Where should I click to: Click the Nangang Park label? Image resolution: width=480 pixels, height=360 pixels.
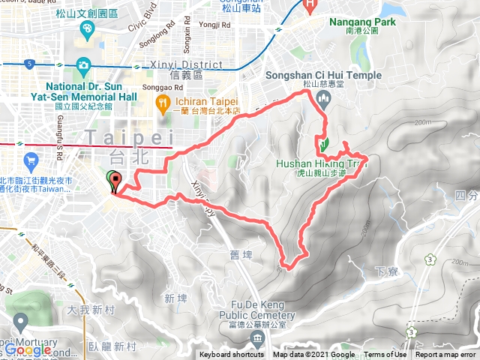(x=362, y=22)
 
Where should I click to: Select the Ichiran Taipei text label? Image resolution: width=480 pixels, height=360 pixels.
(x=205, y=101)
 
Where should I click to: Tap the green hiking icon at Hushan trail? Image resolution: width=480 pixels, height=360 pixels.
(x=323, y=143)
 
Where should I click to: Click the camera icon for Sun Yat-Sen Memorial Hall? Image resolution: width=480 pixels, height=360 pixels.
(x=82, y=65)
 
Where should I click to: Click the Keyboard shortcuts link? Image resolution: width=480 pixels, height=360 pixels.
(x=232, y=355)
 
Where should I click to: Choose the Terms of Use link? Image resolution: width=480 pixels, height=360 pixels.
(x=385, y=355)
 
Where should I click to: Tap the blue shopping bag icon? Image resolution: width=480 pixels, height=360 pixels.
(x=31, y=160)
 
